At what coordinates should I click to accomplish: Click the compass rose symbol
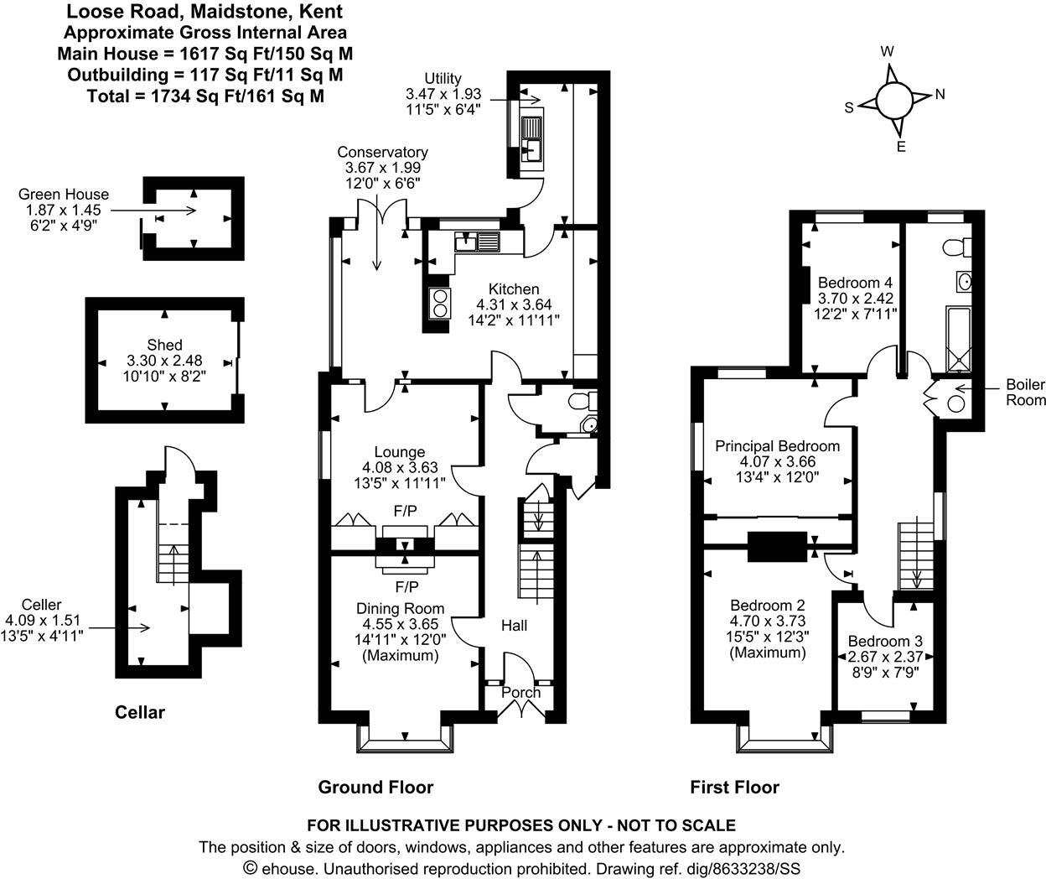click(893, 100)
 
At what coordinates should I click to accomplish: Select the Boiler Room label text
click(1025, 393)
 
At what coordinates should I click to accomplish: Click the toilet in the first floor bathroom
click(955, 247)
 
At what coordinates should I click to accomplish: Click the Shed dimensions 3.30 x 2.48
click(165, 361)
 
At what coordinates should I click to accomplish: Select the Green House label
click(54, 195)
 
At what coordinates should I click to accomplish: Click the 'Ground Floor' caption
click(375, 787)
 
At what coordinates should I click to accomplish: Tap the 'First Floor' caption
click(734, 787)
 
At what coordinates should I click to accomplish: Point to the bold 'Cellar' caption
click(139, 712)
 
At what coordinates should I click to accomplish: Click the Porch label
click(520, 692)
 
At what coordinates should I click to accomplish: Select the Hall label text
click(515, 626)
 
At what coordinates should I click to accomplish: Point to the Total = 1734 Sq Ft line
click(205, 96)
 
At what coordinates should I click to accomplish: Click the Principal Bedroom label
click(777, 446)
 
